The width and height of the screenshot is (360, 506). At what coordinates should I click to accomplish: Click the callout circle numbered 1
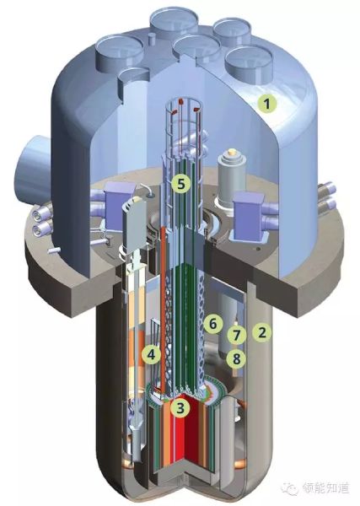(266, 104)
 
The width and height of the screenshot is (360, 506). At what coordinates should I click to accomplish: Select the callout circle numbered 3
(181, 408)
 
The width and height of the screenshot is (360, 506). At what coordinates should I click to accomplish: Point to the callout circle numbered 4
(151, 355)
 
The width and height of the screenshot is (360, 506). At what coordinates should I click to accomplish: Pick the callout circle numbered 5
(181, 184)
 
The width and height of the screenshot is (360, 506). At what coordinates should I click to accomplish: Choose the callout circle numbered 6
(213, 324)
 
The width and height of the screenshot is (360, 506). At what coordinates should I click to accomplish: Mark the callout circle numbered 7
(237, 336)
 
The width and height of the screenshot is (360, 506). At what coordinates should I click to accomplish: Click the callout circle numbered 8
(237, 358)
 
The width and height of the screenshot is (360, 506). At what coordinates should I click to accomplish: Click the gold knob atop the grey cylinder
(230, 152)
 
